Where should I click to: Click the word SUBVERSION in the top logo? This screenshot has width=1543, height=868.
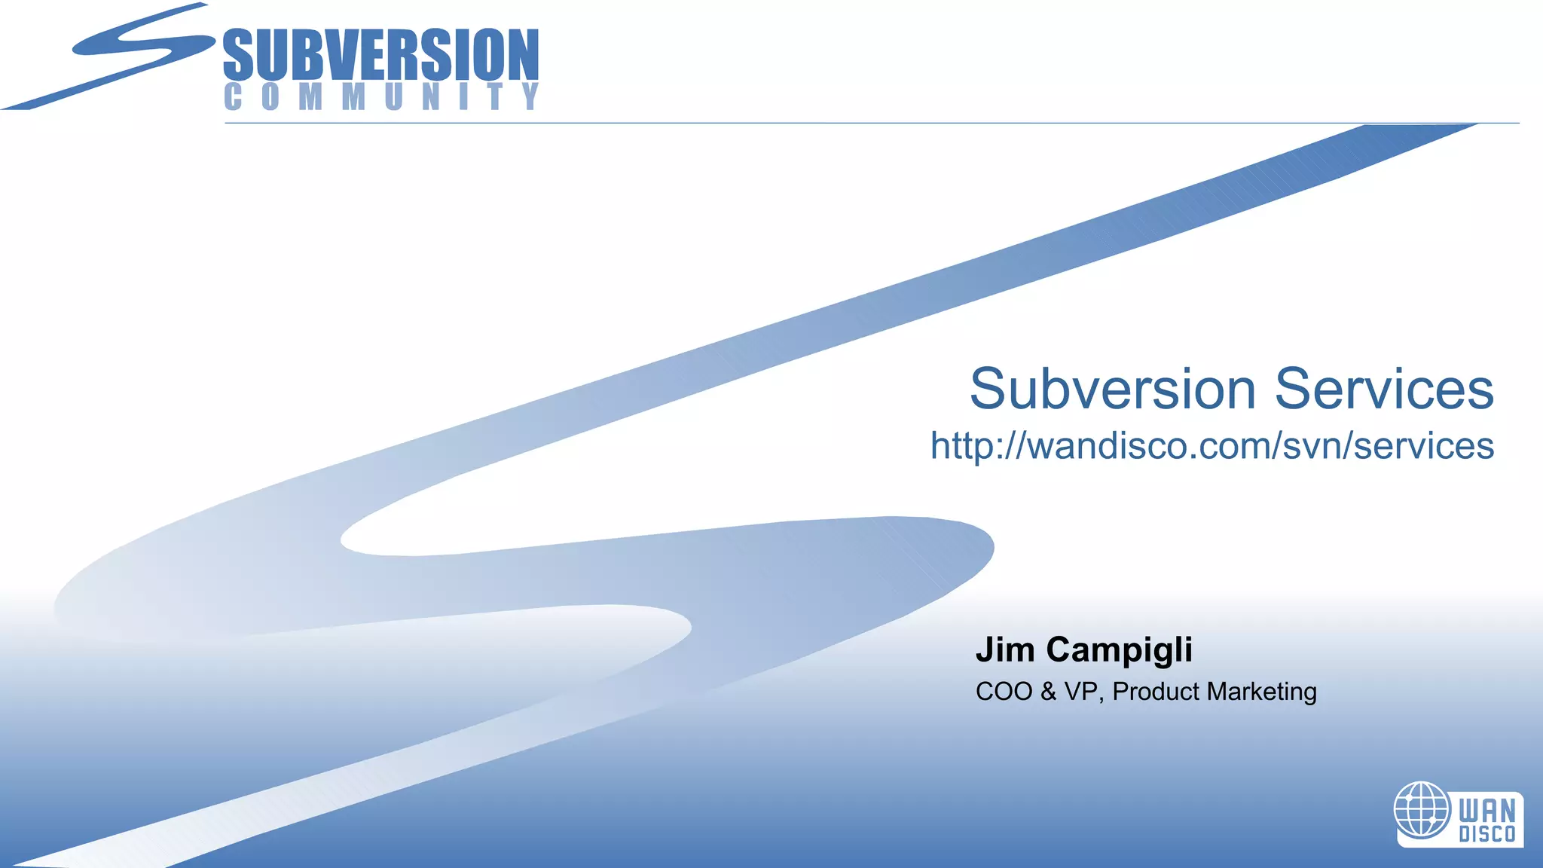coord(381,54)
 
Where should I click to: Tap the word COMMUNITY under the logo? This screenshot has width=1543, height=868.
coord(381,96)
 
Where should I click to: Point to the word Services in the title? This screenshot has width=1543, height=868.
coord(1384,389)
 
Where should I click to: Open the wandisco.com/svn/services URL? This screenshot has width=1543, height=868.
coord(1211,445)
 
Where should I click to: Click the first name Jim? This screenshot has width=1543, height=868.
coord(1005,649)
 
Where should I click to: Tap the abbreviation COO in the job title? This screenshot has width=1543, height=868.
coord(1004,692)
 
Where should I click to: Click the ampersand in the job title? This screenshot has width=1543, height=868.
coord(1049,692)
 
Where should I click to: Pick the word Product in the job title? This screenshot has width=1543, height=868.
coord(1156,692)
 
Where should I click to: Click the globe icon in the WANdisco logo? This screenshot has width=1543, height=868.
coord(1422,809)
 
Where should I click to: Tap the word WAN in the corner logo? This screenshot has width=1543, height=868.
coord(1486,811)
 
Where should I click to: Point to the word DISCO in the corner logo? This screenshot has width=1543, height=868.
coord(1486,834)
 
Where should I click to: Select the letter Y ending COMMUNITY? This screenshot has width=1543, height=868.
coord(531,96)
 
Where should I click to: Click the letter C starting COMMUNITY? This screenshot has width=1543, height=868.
coord(233,96)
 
